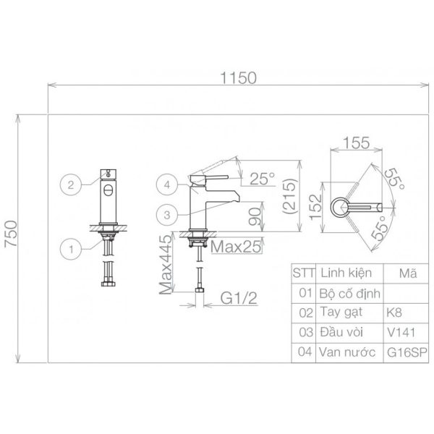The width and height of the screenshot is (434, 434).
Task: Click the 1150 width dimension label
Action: point(238,78)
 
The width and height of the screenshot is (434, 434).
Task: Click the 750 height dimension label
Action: point(12,234)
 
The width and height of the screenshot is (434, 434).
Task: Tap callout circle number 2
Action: point(71,184)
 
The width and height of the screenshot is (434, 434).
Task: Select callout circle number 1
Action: point(71,249)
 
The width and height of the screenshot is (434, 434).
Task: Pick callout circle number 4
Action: point(167,184)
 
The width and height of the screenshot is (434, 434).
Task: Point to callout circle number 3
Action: point(167,215)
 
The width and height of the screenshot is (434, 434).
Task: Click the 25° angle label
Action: point(263,179)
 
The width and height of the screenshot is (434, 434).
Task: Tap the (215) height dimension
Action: point(289,197)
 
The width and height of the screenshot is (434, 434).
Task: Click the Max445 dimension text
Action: point(166,265)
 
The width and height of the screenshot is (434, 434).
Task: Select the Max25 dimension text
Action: point(236,247)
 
